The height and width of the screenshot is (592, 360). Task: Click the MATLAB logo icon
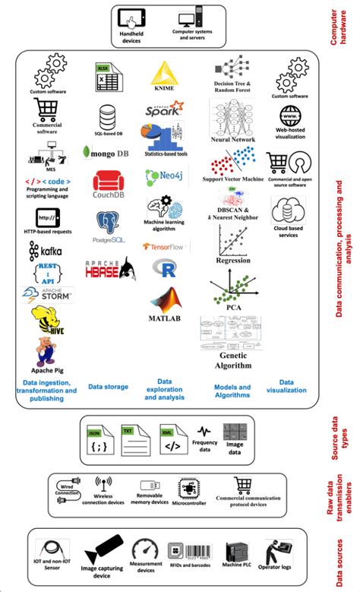coord(165,298)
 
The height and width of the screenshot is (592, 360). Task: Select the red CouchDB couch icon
coord(108,182)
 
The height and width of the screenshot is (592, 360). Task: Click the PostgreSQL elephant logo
coord(108,223)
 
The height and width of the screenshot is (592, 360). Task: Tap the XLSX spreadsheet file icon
coord(104,78)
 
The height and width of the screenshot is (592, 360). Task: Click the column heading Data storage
coord(108,387)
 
